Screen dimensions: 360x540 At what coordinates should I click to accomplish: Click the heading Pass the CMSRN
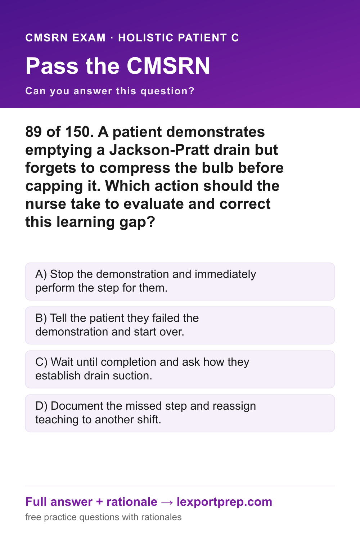(118, 66)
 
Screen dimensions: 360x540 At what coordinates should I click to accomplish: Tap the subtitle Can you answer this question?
(110, 91)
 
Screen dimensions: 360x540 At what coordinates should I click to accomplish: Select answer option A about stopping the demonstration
(180, 281)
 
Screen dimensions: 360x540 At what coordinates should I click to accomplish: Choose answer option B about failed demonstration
(180, 325)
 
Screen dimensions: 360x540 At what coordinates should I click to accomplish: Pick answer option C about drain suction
(180, 369)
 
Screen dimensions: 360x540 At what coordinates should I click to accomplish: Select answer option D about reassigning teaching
(180, 413)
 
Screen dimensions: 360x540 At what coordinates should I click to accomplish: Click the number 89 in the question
(33, 132)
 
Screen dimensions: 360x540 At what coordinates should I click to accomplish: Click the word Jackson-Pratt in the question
(159, 150)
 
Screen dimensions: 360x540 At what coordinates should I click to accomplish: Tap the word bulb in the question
(217, 168)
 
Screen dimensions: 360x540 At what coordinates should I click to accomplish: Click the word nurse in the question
(46, 204)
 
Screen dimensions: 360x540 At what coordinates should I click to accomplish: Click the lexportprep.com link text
(224, 502)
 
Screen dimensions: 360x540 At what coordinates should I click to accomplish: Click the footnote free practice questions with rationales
(103, 517)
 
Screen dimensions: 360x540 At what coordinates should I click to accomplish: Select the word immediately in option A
(225, 274)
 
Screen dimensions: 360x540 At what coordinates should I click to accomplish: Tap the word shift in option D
(149, 419)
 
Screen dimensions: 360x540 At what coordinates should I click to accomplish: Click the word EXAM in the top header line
(89, 37)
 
